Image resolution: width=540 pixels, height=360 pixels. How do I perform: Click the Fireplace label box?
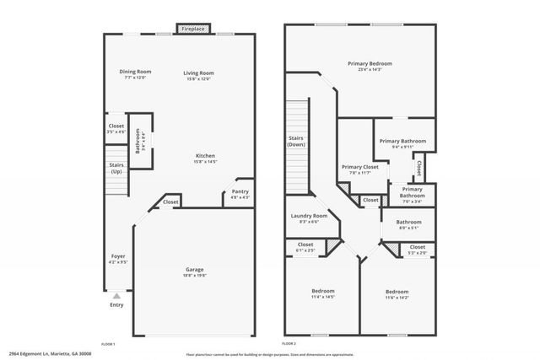tap(192, 30)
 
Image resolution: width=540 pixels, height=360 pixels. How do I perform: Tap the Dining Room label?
tap(135, 74)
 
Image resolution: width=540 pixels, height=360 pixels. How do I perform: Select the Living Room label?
tap(199, 76)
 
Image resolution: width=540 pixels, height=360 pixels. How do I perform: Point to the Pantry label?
tap(240, 193)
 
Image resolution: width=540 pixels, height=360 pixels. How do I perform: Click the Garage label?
tap(194, 271)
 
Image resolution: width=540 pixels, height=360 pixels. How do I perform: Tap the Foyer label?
tap(118, 259)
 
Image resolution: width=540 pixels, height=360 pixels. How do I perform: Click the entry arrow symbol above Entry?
tap(116, 296)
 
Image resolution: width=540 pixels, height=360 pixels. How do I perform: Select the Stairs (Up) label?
tap(116, 169)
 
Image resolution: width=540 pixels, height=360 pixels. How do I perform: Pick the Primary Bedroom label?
tap(370, 66)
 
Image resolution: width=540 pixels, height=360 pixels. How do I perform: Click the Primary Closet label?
tap(359, 169)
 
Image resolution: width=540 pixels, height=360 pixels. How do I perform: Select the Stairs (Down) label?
tap(296, 141)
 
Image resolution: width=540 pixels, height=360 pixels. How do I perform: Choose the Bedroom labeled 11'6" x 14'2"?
tap(397, 293)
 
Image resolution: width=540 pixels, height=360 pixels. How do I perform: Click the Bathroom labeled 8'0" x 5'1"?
tap(408, 225)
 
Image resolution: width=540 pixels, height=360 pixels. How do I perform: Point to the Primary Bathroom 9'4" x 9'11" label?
tap(402, 144)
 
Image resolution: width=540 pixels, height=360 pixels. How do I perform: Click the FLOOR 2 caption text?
tap(289, 344)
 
